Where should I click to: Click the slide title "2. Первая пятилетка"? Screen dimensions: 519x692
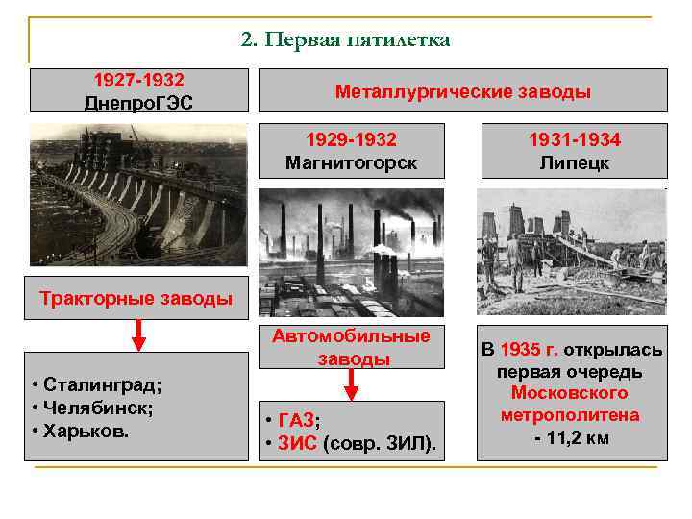(x=345, y=40)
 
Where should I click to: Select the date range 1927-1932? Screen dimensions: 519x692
(x=138, y=79)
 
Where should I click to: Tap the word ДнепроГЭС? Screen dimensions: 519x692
(x=138, y=101)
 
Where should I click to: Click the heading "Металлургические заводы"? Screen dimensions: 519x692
(x=462, y=92)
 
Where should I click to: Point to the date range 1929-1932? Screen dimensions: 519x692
(x=351, y=140)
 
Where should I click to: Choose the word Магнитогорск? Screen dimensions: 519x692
(x=351, y=162)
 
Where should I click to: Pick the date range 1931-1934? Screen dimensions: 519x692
(x=575, y=140)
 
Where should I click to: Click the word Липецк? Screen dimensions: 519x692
(x=575, y=162)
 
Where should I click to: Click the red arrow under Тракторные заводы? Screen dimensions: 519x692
(x=138, y=336)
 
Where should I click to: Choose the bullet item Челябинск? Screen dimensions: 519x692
(x=92, y=407)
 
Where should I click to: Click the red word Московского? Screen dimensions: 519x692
(x=569, y=393)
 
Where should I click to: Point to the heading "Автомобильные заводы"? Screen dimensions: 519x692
(x=351, y=347)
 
